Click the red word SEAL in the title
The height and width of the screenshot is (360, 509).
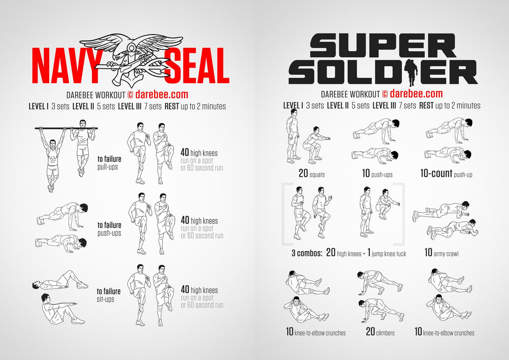(197, 66)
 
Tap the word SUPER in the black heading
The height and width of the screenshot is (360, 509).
(383, 45)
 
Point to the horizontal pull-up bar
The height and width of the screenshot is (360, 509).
(66, 128)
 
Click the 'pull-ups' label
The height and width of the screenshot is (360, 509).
(108, 167)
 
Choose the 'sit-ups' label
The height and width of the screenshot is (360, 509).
(105, 299)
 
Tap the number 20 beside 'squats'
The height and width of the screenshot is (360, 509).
(303, 173)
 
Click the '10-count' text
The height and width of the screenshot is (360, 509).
(436, 173)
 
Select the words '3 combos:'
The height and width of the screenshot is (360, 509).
(307, 253)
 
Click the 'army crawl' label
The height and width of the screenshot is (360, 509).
(446, 254)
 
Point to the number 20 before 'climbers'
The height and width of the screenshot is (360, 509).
(370, 332)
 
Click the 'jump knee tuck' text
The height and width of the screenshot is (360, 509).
(389, 254)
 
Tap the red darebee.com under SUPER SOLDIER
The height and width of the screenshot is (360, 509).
(416, 94)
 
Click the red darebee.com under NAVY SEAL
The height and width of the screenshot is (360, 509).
(162, 95)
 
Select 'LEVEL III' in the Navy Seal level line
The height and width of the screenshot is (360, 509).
(130, 106)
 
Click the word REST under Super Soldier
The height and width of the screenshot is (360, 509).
(426, 106)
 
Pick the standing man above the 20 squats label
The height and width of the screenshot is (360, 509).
(293, 136)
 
